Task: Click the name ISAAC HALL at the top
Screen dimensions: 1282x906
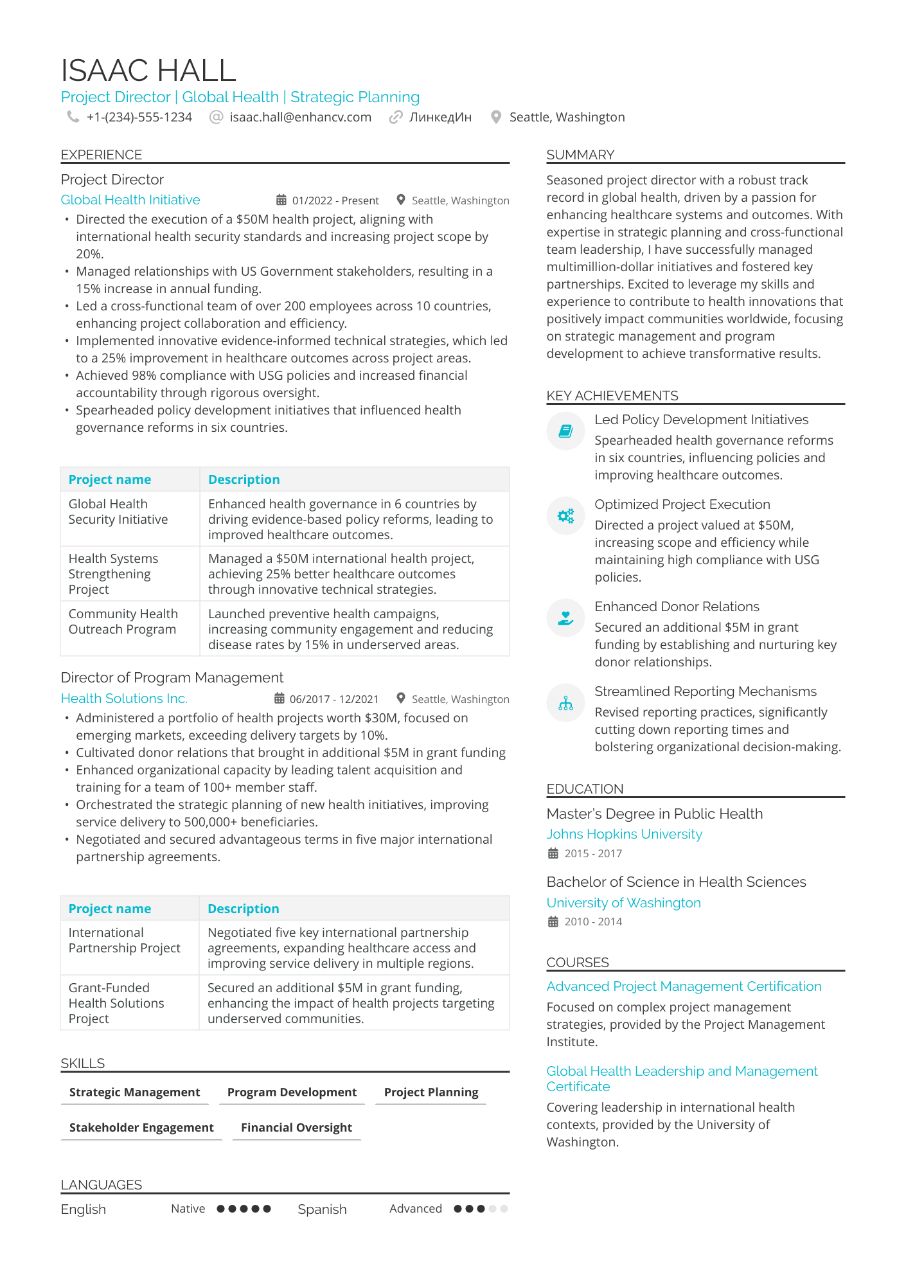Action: click(148, 70)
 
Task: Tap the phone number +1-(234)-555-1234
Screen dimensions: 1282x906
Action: click(139, 117)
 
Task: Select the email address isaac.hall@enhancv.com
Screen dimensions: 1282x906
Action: click(300, 117)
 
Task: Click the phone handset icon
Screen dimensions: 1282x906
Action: click(73, 117)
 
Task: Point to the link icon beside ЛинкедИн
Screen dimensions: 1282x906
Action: click(396, 117)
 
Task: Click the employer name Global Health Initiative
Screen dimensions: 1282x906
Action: click(130, 200)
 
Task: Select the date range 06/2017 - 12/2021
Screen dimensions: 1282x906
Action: click(333, 699)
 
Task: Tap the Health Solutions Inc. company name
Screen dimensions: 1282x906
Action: click(124, 699)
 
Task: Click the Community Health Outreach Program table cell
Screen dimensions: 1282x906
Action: click(123, 621)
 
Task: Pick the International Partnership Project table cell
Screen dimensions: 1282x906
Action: click(124, 940)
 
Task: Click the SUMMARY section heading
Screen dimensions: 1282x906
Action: click(580, 155)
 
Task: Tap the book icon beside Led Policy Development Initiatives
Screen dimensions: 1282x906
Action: click(565, 431)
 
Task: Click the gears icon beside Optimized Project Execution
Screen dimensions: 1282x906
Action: click(565, 516)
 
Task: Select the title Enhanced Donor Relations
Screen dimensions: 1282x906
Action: click(677, 607)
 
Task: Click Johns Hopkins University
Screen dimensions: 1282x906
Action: click(624, 834)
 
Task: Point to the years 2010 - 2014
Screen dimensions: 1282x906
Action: click(593, 921)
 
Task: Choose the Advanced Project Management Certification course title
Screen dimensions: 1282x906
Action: click(684, 986)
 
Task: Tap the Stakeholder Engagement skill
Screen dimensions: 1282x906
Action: click(141, 1128)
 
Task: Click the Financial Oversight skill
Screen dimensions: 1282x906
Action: click(296, 1128)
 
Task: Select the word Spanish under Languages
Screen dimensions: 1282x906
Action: click(322, 1209)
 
